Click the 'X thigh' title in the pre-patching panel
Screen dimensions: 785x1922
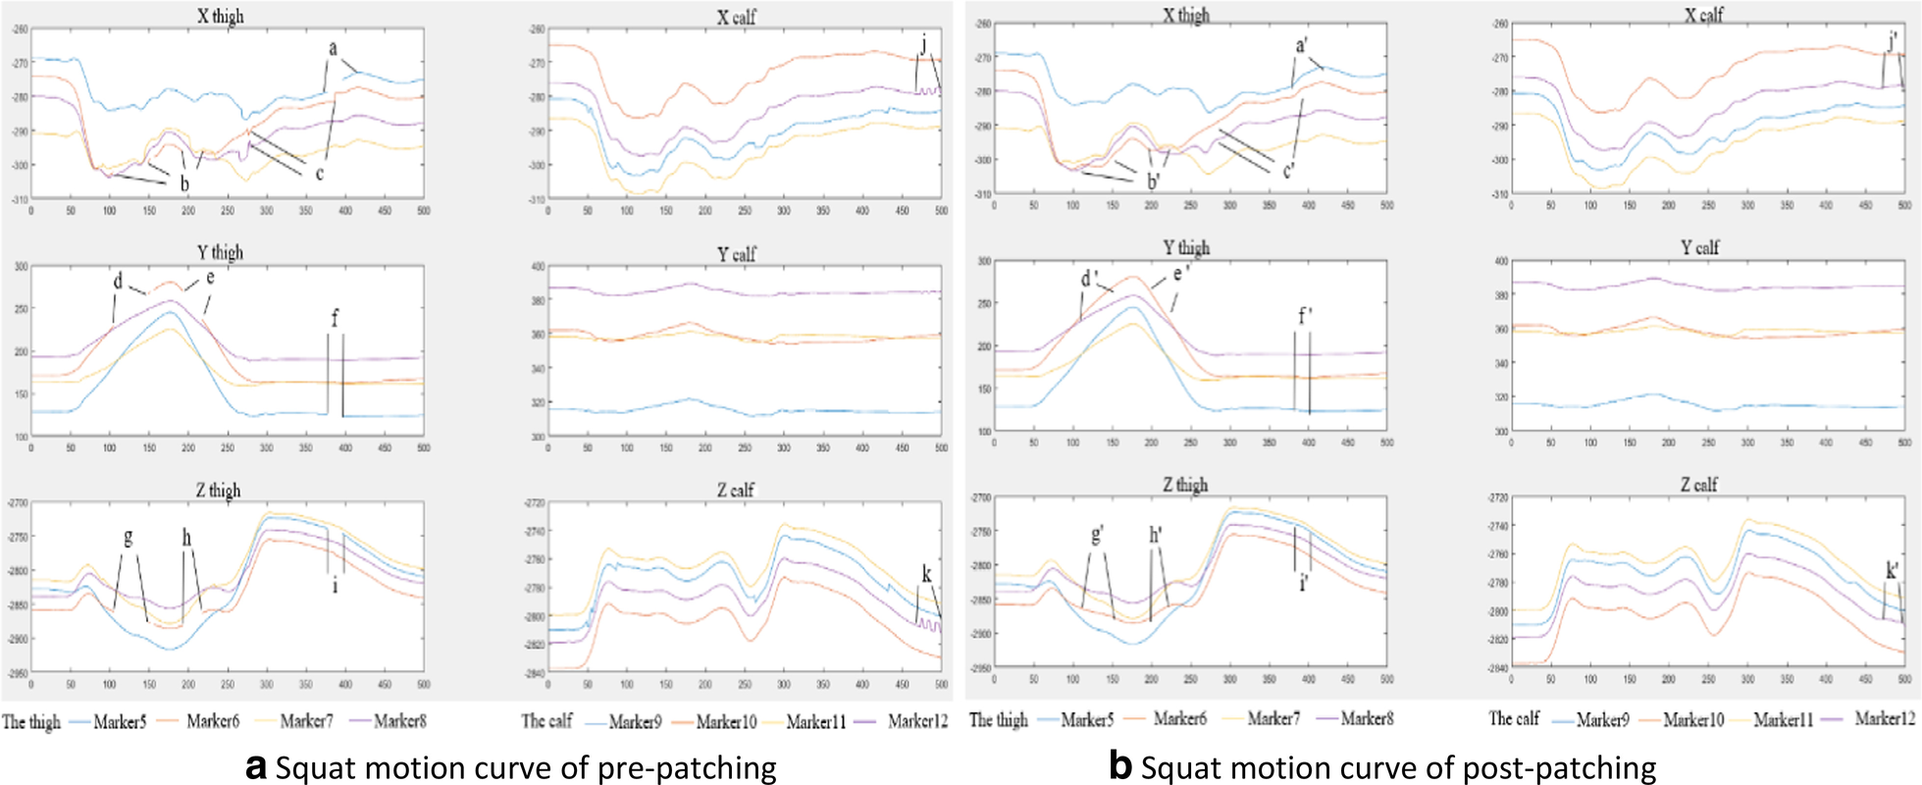tap(221, 16)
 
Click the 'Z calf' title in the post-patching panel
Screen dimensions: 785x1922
tap(1698, 484)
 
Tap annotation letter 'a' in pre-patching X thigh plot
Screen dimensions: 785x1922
tap(333, 48)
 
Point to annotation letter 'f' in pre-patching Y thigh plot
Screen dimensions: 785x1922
tap(335, 318)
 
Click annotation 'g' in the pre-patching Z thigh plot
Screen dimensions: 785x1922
tap(128, 538)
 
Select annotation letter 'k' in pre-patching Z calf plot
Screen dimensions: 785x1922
tap(926, 575)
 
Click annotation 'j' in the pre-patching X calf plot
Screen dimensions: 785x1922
tap(923, 42)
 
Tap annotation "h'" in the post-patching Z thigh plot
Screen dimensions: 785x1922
tap(1157, 535)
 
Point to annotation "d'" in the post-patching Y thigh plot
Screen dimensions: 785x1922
tap(1088, 280)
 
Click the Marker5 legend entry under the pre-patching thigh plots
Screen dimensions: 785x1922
tap(120, 721)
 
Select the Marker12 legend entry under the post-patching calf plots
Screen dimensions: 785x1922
tap(1884, 718)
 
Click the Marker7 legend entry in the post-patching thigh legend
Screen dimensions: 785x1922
tap(1273, 718)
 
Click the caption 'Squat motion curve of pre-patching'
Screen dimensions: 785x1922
tap(525, 766)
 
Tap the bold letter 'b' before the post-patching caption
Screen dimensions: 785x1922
tap(1120, 765)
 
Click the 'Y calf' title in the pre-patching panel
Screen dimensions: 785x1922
tap(736, 254)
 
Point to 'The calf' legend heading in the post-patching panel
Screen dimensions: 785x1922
tap(1514, 718)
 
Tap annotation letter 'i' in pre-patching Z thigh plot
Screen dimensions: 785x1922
tap(335, 586)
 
